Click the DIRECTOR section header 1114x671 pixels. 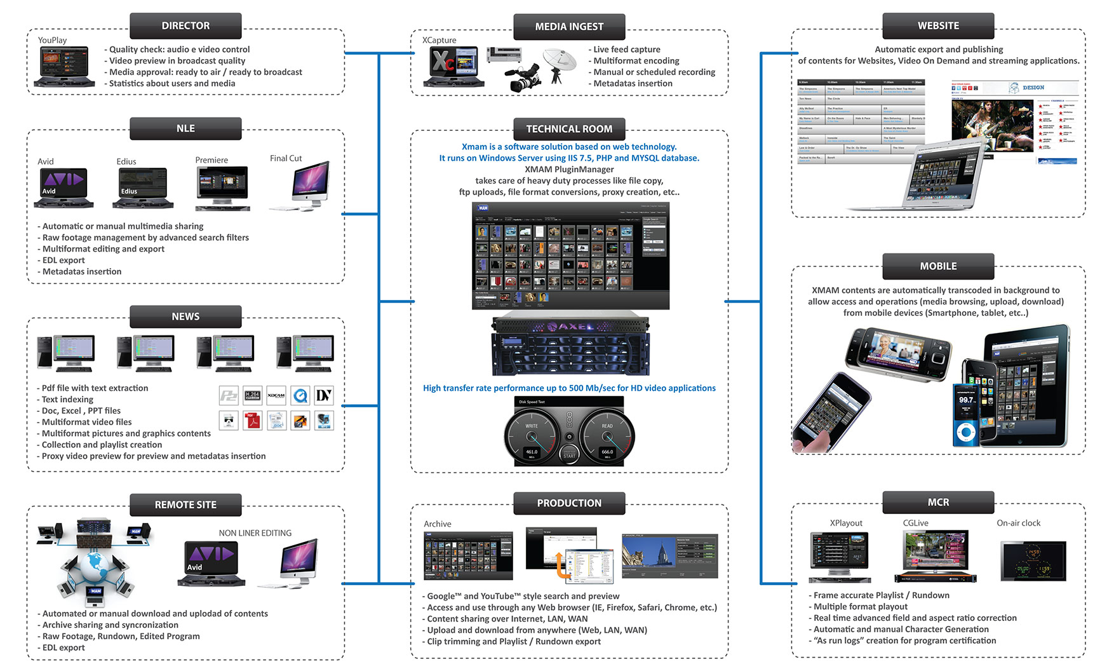[x=185, y=26]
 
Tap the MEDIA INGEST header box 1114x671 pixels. [x=569, y=27]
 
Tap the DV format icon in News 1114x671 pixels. [x=324, y=396]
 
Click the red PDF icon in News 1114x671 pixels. [x=253, y=421]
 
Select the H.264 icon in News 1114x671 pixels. [x=252, y=396]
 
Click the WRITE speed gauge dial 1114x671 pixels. [x=532, y=438]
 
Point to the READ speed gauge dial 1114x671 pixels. [x=607, y=438]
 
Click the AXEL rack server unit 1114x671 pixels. [x=570, y=344]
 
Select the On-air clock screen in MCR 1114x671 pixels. [x=1033, y=561]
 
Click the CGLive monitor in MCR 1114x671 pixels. [x=936, y=552]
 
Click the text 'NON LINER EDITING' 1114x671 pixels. [x=255, y=533]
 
